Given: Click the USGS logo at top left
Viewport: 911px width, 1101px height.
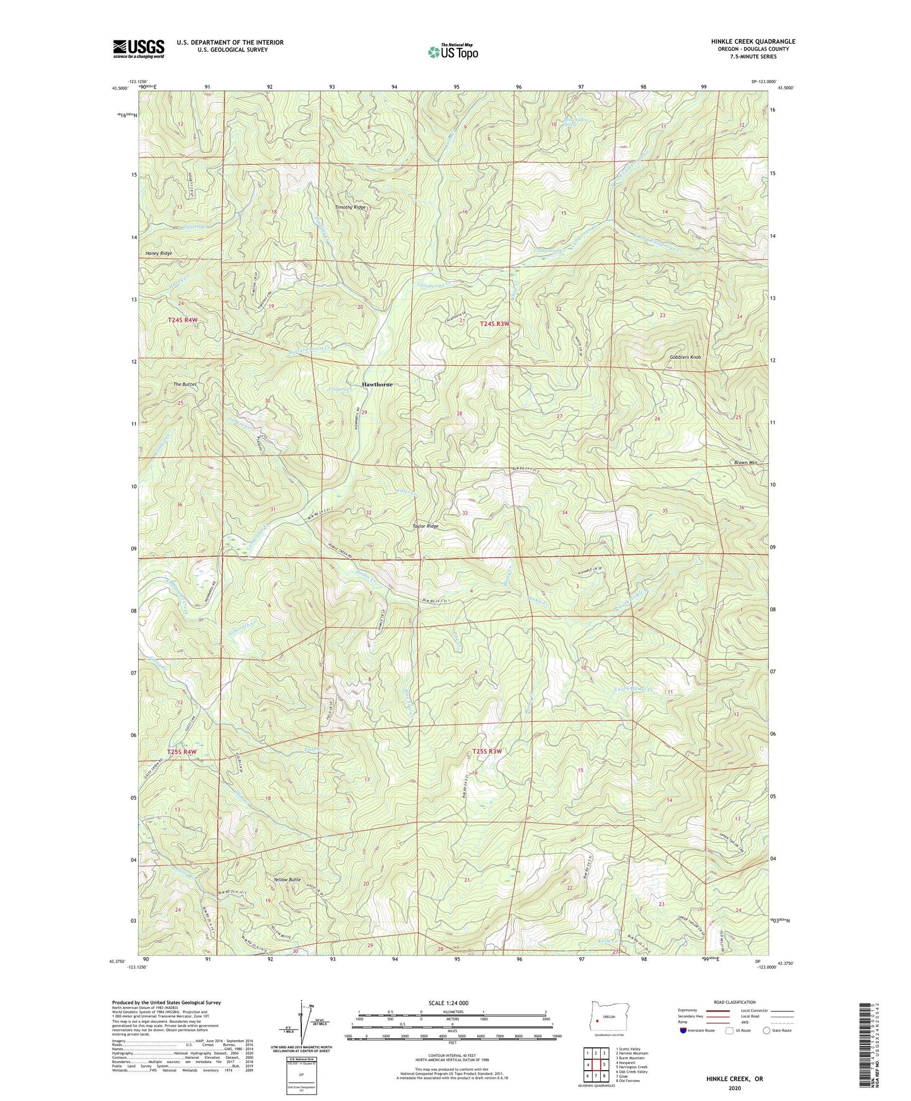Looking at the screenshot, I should [139, 49].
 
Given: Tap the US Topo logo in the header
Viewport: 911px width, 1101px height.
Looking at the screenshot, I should [453, 52].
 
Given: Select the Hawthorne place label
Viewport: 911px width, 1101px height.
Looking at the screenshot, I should [377, 384].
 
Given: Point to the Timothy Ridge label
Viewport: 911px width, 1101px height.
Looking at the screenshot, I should [350, 207].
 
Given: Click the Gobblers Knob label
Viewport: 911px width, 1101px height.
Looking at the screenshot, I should [685, 357].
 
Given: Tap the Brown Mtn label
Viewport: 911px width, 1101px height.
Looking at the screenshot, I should [745, 462].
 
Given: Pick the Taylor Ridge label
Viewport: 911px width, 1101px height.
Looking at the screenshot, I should [425, 526].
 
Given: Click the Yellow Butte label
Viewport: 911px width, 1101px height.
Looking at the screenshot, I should [287, 879].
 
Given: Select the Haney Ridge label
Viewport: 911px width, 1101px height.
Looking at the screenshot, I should [158, 253].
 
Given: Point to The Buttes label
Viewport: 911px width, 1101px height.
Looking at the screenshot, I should [185, 384].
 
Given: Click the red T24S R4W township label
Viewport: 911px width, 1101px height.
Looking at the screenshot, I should [183, 320].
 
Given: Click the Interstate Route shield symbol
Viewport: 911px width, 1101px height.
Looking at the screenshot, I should [684, 1030].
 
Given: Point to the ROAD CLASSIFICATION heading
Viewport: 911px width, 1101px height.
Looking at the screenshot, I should [736, 1002].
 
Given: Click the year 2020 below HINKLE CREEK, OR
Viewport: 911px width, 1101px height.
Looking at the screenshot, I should [734, 1088].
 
